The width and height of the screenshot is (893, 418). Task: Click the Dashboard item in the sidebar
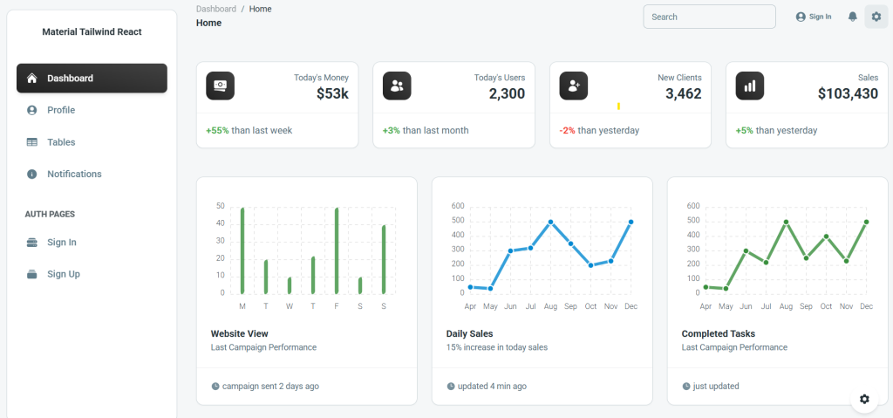(92, 79)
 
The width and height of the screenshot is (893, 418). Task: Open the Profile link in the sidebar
(60, 110)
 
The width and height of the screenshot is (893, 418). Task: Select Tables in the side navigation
(61, 142)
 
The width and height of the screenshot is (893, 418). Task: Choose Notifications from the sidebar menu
(74, 174)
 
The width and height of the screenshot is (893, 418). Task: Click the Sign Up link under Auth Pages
(63, 274)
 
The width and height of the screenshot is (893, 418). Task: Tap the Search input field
(709, 17)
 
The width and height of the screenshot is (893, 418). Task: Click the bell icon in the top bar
(853, 17)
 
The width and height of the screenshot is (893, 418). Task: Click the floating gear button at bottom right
(864, 399)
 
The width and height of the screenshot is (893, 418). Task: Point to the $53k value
(332, 94)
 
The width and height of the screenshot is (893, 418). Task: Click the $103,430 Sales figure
(848, 94)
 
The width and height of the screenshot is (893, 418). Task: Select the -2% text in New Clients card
(567, 131)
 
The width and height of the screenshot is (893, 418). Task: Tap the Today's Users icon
(398, 86)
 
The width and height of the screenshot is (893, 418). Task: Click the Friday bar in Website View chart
(337, 250)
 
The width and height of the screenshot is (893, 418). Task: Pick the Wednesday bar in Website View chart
(290, 285)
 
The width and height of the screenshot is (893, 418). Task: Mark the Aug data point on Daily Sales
(550, 222)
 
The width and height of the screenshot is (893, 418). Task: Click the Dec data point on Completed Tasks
(866, 222)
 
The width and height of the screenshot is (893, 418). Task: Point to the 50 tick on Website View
(220, 207)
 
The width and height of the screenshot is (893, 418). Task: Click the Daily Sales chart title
(469, 333)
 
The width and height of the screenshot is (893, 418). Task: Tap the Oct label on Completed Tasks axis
(826, 307)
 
